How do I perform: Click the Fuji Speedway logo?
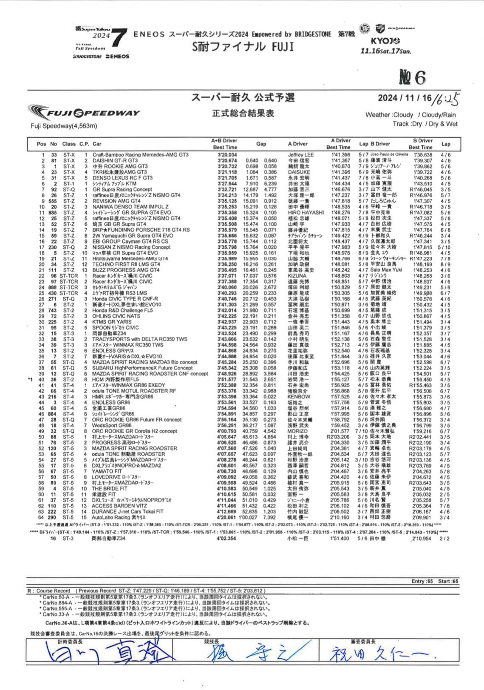84,113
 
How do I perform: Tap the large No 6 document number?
412,77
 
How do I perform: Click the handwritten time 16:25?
446,99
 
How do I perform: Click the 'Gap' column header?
261,144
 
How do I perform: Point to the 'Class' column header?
69,144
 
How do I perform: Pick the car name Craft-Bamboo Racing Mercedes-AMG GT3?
140,155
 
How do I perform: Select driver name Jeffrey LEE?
301,155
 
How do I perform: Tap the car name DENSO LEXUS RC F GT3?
122,178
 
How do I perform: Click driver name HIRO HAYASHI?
306,213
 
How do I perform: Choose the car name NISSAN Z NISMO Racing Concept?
131,247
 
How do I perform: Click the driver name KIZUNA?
297,276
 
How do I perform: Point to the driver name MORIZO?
298,431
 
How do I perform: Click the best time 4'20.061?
227,517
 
